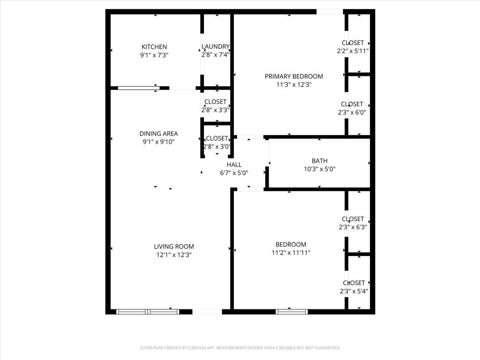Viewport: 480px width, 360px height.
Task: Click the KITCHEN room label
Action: click(x=154, y=47)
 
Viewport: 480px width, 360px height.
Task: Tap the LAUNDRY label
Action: click(x=216, y=46)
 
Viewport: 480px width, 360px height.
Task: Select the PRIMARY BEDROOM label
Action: click(x=294, y=76)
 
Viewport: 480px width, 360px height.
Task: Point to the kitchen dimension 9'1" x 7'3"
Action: click(x=154, y=55)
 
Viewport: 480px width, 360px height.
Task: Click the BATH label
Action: click(x=320, y=161)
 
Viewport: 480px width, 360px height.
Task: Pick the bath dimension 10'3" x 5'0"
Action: click(x=320, y=169)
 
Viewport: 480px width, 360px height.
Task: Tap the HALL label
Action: click(x=234, y=165)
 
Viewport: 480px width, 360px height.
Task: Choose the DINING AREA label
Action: click(x=158, y=134)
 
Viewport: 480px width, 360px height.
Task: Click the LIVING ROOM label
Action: click(x=174, y=247)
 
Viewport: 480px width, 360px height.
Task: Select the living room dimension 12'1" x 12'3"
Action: click(x=174, y=255)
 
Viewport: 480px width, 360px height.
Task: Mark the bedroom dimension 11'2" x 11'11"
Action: click(x=291, y=252)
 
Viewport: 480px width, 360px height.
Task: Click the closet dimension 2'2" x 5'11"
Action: click(x=353, y=51)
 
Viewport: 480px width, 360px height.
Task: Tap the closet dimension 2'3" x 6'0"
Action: click(x=352, y=112)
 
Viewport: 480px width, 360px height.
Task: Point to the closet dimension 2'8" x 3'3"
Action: click(x=216, y=110)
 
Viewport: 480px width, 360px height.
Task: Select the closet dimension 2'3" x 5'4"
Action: click(x=354, y=291)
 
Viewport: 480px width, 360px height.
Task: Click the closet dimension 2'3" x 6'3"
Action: click(x=353, y=227)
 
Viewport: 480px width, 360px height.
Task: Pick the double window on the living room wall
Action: click(x=148, y=311)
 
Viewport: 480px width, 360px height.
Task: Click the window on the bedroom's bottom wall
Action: click(x=292, y=311)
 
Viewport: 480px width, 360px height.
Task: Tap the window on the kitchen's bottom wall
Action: click(x=138, y=88)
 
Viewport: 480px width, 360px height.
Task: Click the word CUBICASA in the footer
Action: click(x=195, y=348)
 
